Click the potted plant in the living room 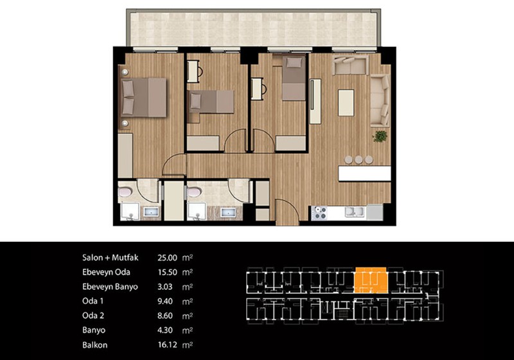click(x=380, y=136)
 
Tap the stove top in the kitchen click(x=319, y=212)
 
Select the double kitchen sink click(x=355, y=212)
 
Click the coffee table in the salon click(x=346, y=103)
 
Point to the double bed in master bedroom click(x=143, y=97)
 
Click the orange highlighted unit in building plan click(x=371, y=280)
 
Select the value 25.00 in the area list click(x=167, y=258)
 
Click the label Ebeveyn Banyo click(x=110, y=287)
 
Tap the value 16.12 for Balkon click(x=167, y=345)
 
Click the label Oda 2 click(x=93, y=316)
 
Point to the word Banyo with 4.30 click(x=94, y=330)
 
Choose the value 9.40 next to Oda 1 click(x=165, y=301)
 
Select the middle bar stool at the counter click(x=359, y=159)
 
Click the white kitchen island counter click(x=364, y=174)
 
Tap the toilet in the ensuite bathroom click(x=125, y=192)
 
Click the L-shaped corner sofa click(x=380, y=101)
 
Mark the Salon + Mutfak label click(x=110, y=258)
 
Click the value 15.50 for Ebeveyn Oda click(x=167, y=272)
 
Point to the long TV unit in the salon click(x=315, y=102)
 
